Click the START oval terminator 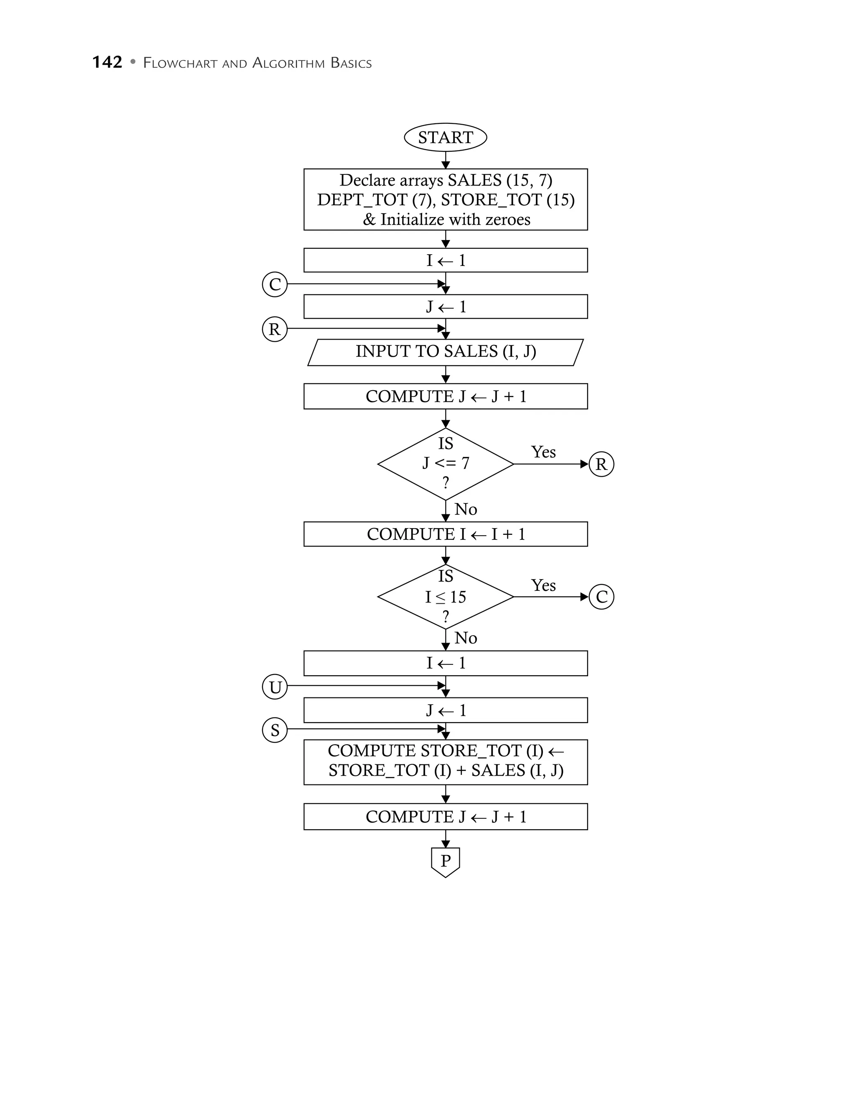tap(446, 137)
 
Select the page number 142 tap(107, 62)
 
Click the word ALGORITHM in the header tap(288, 63)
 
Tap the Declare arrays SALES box tap(446, 199)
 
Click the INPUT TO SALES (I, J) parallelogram tap(446, 351)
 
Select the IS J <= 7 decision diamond tap(446, 464)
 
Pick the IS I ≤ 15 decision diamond tap(446, 597)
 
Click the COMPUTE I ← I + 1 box tap(446, 534)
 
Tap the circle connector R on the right tap(601, 464)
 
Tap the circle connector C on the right tap(601, 597)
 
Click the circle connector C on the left tap(275, 284)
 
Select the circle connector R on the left tap(275, 329)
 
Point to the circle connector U tap(275, 687)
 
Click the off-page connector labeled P tap(446, 861)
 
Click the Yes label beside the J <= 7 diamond tap(543, 452)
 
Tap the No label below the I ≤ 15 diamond tap(466, 638)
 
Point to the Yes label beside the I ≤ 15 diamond tap(543, 585)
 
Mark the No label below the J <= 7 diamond tap(466, 509)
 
